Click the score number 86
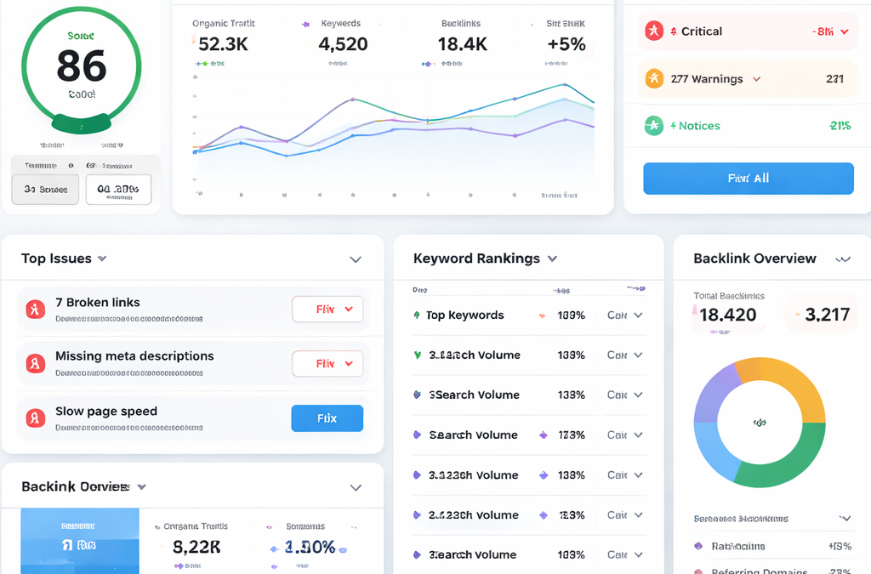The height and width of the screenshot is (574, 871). pyautogui.click(x=82, y=65)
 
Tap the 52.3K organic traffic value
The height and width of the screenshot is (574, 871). pyautogui.click(x=223, y=45)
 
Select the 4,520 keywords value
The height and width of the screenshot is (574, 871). pyautogui.click(x=343, y=45)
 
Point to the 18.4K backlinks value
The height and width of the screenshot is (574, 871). pyautogui.click(x=462, y=45)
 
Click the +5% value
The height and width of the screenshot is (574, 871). pyautogui.click(x=566, y=45)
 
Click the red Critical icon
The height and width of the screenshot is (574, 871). pyautogui.click(x=653, y=31)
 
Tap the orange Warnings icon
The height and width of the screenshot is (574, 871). pyautogui.click(x=653, y=79)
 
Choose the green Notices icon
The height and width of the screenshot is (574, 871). pyautogui.click(x=653, y=126)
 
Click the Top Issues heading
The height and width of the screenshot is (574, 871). pyautogui.click(x=57, y=259)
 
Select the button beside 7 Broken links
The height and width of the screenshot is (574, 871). pyautogui.click(x=327, y=310)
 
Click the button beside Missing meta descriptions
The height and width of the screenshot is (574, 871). pyautogui.click(x=327, y=364)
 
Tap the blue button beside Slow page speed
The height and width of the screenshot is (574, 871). pyautogui.click(x=327, y=418)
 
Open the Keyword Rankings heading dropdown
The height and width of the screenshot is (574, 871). pyautogui.click(x=552, y=259)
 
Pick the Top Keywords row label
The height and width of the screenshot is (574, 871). pyautogui.click(x=464, y=315)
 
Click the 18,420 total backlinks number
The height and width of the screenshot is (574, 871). pyautogui.click(x=727, y=315)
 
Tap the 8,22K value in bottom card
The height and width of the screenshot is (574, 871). pyautogui.click(x=196, y=548)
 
